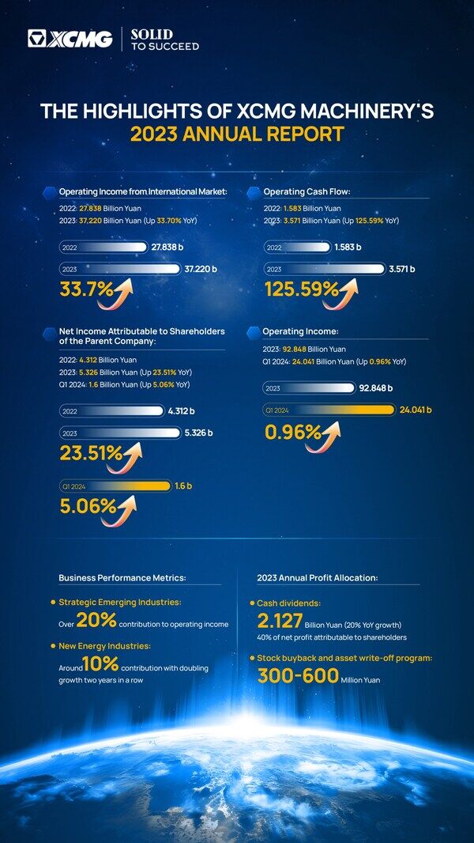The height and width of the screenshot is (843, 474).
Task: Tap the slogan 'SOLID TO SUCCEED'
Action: click(164, 40)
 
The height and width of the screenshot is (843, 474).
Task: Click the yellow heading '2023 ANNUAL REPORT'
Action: click(237, 134)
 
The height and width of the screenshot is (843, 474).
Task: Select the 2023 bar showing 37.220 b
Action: click(119, 269)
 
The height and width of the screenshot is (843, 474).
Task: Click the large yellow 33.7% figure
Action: click(87, 289)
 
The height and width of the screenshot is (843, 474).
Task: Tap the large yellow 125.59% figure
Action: click(302, 289)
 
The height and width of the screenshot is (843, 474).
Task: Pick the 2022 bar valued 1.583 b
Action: click(298, 248)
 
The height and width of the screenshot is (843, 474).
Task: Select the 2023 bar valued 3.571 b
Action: click(325, 269)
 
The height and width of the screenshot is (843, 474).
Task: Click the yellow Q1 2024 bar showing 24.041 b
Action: click(329, 410)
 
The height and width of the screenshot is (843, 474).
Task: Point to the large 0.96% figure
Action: click(293, 432)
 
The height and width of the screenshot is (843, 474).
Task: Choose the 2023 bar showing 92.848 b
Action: click(308, 388)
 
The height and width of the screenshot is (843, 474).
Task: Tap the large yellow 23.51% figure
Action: click(91, 454)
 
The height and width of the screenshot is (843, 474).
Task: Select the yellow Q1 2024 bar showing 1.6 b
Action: click(115, 486)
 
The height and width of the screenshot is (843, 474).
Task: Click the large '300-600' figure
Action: click(298, 675)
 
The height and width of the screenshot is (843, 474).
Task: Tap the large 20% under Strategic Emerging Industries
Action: click(97, 621)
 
